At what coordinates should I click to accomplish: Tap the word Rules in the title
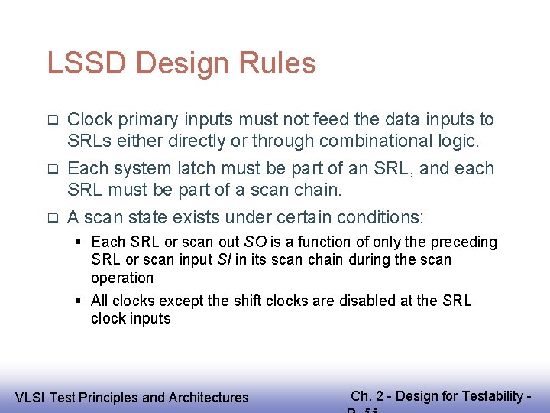point(279,63)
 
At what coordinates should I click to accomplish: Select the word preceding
point(462,242)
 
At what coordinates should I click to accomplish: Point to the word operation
point(122,278)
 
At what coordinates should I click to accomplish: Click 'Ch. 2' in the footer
point(367,395)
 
